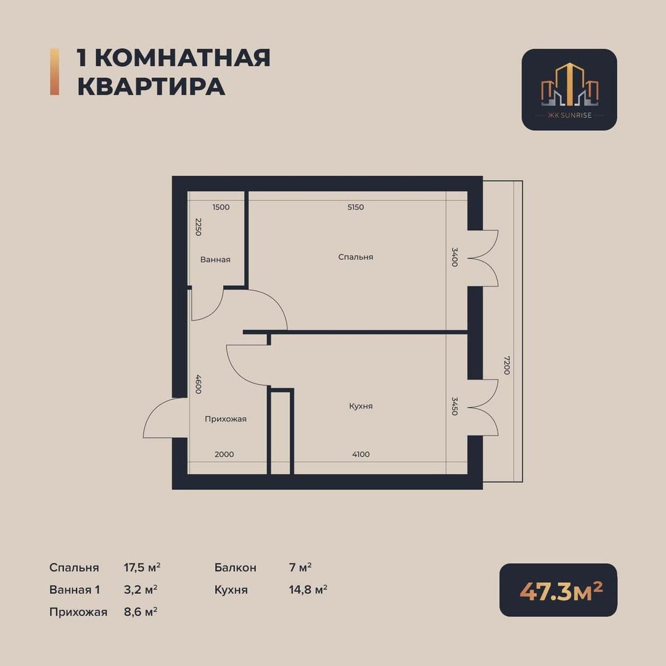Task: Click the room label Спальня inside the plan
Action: point(356,257)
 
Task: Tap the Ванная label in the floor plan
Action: point(215,260)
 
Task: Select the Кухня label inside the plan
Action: point(361,406)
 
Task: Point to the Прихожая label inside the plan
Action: point(226,419)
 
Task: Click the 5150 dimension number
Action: point(356,207)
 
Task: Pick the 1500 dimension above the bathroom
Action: point(221,207)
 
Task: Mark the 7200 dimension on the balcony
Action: point(506,365)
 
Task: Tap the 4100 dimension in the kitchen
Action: point(361,454)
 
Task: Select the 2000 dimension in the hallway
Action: point(224,454)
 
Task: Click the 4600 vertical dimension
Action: point(198,384)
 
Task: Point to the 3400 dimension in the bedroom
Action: point(454,257)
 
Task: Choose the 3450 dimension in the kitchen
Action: point(454,406)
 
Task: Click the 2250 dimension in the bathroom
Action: point(198,227)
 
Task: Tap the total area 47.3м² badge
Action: point(558,590)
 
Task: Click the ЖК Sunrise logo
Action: point(569,89)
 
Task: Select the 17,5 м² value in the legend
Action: point(142,567)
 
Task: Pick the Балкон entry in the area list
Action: point(236,567)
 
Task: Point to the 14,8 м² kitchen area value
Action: point(308,590)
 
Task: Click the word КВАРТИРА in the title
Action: point(151,87)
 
